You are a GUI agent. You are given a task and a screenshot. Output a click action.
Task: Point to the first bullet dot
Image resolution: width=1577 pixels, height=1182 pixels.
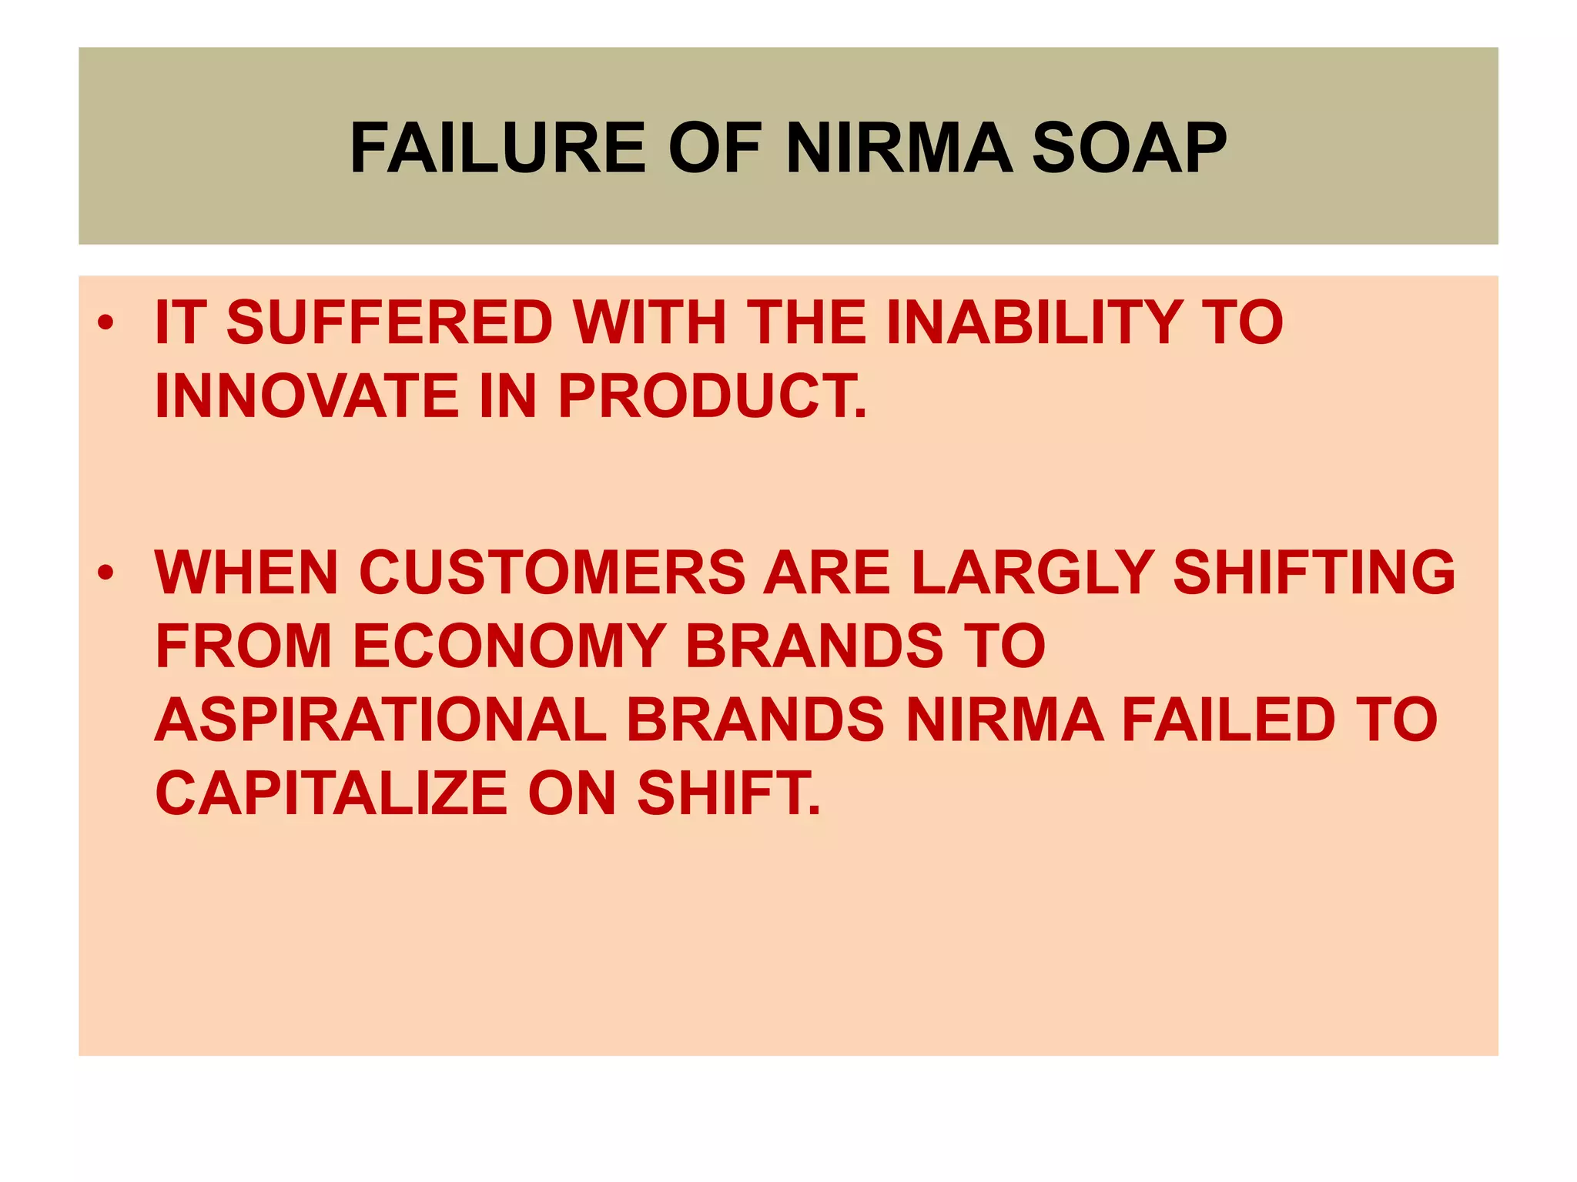106,322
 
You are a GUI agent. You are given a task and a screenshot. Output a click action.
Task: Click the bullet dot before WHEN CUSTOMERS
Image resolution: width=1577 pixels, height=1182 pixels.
106,573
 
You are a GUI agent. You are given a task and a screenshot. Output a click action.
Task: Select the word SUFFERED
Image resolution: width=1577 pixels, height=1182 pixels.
389,322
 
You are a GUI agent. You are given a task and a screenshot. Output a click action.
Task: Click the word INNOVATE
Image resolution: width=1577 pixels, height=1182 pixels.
306,396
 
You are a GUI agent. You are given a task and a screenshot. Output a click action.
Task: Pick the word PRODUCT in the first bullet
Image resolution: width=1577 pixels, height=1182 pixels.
711,396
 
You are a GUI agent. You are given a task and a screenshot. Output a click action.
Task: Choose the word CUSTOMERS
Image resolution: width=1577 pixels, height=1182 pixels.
552,573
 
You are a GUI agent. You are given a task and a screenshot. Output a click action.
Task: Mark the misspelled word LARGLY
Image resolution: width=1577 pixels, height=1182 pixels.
1032,573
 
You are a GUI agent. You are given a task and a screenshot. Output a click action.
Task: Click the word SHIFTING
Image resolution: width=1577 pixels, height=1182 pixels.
1314,573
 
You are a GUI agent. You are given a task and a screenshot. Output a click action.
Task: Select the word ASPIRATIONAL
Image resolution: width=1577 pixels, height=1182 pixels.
381,720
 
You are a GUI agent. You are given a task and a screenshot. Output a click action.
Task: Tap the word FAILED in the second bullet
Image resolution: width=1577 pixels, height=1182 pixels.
1227,720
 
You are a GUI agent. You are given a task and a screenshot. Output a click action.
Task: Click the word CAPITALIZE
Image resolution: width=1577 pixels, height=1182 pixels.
331,793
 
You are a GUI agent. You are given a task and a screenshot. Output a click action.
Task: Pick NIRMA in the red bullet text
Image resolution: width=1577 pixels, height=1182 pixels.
1005,720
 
